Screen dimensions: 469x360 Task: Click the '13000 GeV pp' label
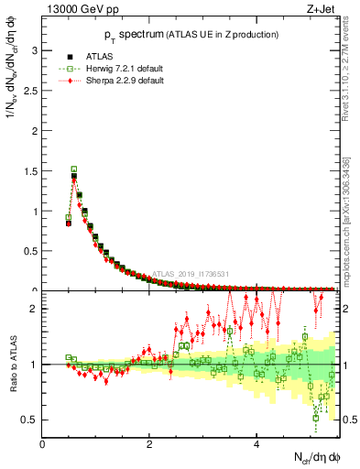point(77,10)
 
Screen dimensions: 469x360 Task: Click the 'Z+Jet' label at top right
point(320,10)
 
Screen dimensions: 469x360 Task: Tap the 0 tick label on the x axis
point(42,444)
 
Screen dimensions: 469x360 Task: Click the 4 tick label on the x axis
point(256,444)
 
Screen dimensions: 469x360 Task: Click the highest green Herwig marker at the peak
point(74,169)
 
